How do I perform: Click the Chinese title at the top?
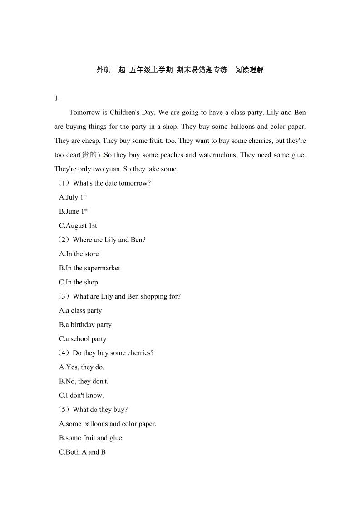tap(180, 70)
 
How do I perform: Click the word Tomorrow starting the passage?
tap(84, 112)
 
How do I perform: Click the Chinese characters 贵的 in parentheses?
tap(89, 155)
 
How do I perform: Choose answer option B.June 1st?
tap(73, 211)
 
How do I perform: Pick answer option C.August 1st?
tap(78, 225)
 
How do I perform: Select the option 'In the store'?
tap(79, 254)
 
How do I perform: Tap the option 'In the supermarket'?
tap(90, 268)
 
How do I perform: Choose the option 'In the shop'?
tap(79, 282)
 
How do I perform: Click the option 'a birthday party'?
tap(85, 325)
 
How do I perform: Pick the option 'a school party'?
tap(83, 339)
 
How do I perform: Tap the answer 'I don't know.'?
tap(82, 395)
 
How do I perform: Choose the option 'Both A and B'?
tap(83, 452)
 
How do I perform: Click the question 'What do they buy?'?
tap(100, 410)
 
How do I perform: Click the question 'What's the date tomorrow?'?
tap(112, 183)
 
